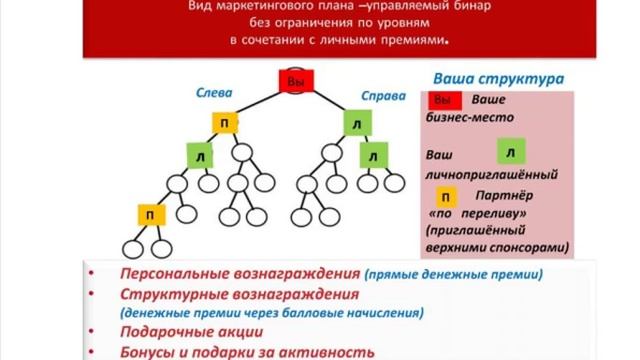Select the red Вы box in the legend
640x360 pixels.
tap(444, 101)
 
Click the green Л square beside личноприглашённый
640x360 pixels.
tap(510, 153)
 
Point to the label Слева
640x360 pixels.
tap(214, 92)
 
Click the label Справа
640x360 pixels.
tap(385, 97)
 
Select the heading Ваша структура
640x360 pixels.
tap(497, 78)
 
